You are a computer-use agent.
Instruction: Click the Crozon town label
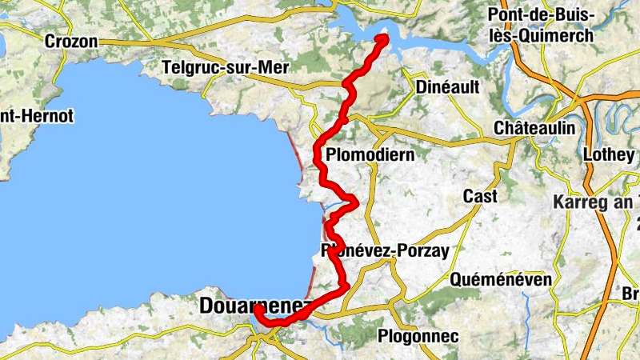click(x=71, y=41)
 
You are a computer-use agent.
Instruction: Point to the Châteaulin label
click(x=534, y=128)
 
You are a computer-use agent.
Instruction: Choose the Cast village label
click(x=480, y=196)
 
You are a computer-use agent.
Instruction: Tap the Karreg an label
click(x=596, y=201)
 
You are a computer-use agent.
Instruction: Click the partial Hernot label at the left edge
click(x=36, y=117)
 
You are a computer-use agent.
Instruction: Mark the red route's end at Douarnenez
click(x=258, y=309)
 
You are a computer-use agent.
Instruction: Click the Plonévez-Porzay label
click(x=385, y=251)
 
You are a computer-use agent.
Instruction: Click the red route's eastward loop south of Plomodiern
click(x=353, y=200)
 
